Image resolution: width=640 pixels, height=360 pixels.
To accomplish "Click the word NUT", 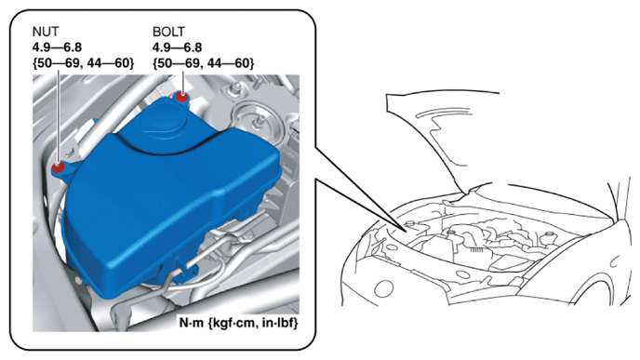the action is tap(46, 32).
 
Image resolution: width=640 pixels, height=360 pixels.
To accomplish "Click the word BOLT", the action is tap(168, 32).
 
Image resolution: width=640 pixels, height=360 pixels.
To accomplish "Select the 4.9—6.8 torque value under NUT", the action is tap(57, 47).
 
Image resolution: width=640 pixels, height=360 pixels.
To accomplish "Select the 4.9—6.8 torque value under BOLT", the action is tap(177, 47).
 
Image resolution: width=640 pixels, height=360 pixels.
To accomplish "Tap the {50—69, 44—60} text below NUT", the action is tap(84, 63).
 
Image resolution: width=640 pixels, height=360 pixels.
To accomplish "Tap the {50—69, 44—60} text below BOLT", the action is tap(204, 63).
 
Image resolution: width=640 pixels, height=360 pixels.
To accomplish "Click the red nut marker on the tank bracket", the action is tap(58, 167).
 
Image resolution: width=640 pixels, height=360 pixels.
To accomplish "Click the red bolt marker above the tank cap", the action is tap(181, 97).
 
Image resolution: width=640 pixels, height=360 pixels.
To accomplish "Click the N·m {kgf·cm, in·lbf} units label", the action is tap(239, 323).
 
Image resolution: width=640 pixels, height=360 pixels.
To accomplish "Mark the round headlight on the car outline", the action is tap(383, 288).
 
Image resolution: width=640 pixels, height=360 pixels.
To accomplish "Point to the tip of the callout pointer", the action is tap(407, 232).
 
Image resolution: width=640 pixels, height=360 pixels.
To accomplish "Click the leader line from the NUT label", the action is tap(59, 115).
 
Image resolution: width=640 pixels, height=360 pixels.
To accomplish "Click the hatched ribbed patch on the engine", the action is tap(477, 250).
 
